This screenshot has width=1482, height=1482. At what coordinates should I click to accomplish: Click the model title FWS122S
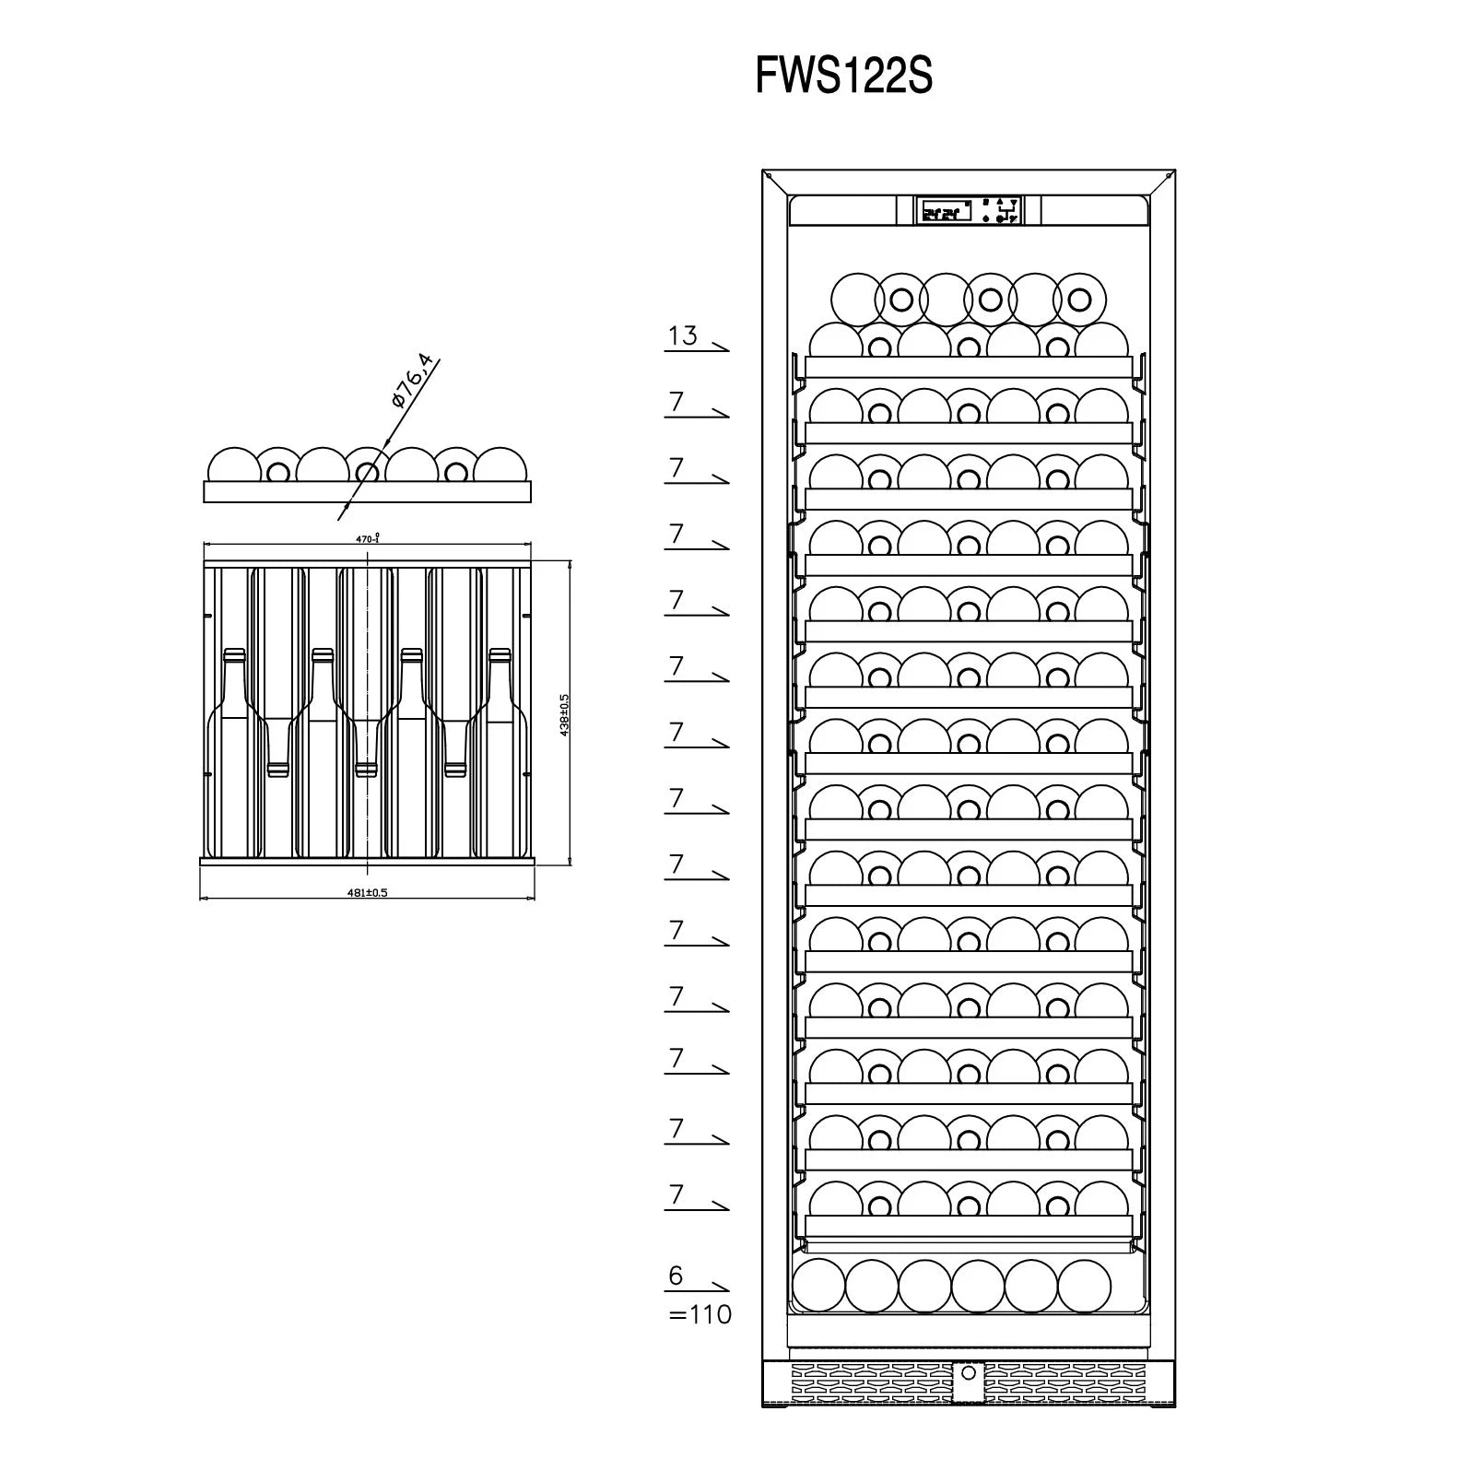click(843, 76)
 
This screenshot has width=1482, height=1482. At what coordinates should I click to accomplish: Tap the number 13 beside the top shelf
click(683, 335)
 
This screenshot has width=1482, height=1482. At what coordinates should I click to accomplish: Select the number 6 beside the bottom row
click(676, 1276)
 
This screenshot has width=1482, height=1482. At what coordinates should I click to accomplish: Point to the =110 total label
click(700, 1313)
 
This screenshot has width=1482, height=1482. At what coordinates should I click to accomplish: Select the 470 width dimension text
click(368, 538)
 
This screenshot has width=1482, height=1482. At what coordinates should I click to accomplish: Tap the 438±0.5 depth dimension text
click(564, 714)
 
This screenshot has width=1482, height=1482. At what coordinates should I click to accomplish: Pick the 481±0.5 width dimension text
click(367, 892)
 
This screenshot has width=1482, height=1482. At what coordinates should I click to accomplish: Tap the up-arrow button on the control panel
click(1001, 201)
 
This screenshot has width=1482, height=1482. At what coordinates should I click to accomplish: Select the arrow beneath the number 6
click(698, 1289)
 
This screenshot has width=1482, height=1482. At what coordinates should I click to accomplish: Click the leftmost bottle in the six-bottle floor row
click(817, 1284)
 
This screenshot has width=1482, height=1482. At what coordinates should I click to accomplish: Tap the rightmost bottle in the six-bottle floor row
click(1084, 1284)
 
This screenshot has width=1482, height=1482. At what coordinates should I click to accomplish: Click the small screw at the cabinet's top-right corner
click(1170, 175)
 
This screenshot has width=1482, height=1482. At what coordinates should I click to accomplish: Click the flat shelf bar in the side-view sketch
click(367, 492)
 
